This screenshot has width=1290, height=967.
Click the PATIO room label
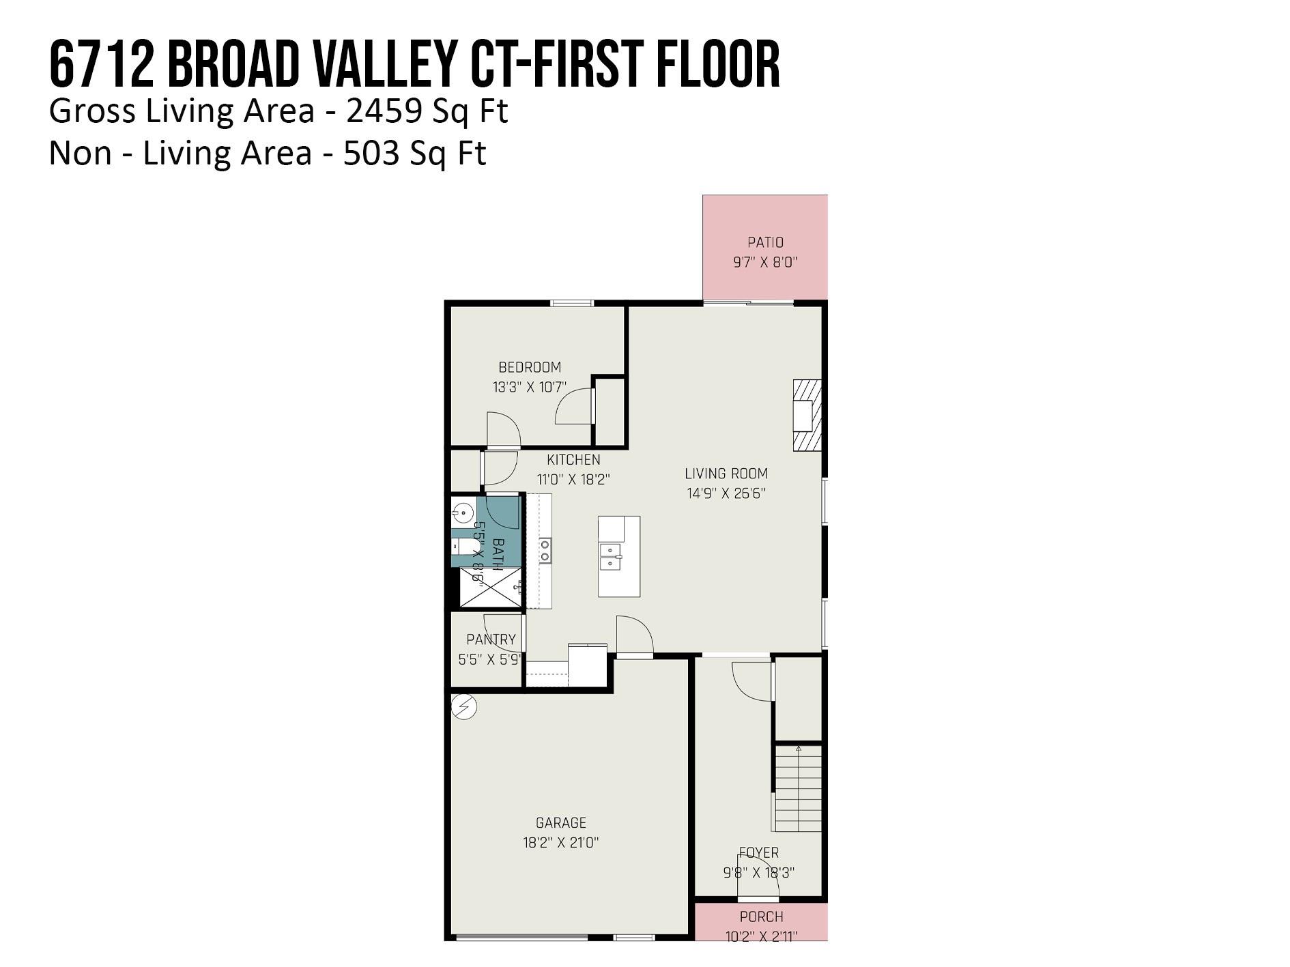pos(765,242)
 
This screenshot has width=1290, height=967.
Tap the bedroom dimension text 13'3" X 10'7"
pos(529,388)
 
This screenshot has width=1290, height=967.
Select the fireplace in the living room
pos(806,416)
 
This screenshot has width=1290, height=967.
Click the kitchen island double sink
pos(611,556)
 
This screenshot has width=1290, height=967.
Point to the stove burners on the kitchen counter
pos(545,551)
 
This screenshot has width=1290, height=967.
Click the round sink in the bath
pos(463,511)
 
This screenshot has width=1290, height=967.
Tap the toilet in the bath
pos(462,547)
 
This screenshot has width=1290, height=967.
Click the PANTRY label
pos(491,640)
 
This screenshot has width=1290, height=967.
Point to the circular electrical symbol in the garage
pos(464,707)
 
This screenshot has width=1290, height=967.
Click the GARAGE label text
pos(560,823)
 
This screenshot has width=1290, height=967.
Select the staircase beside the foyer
pos(798,788)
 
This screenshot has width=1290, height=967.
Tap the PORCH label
pos(761,917)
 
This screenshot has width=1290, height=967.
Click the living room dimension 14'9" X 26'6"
pos(726,493)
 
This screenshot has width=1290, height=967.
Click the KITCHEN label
pos(573,460)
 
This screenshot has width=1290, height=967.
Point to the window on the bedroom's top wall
pos(572,303)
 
